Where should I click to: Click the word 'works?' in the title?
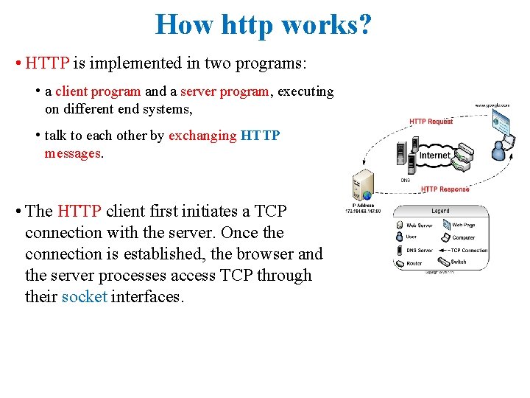point(329,24)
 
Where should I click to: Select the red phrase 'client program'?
point(98,91)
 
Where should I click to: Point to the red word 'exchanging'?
point(202,136)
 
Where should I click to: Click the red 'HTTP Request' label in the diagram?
point(431,122)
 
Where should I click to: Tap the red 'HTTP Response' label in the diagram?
point(445,189)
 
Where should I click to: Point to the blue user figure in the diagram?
point(500,150)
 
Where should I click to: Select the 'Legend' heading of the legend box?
point(440,211)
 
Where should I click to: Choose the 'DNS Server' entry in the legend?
point(420,251)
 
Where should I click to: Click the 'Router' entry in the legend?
point(414,262)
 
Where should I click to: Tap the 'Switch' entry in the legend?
point(458,262)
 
